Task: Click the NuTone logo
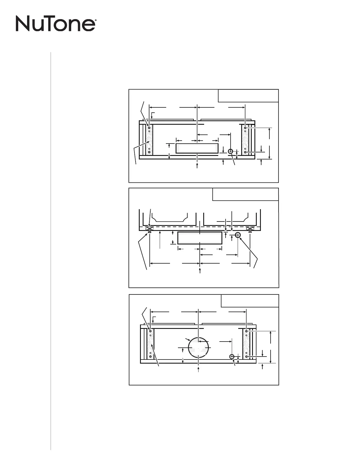point(55,24)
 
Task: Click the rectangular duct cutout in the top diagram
point(197,148)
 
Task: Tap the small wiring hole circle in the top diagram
point(231,151)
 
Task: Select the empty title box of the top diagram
point(248,96)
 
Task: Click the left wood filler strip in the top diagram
point(149,140)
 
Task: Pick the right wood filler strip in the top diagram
point(245,140)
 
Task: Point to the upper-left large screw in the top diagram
point(149,128)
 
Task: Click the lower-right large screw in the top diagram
point(245,152)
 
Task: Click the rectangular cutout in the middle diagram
point(200,238)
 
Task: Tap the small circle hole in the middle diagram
point(238,235)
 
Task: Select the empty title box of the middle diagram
point(245,194)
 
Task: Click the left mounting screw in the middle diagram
point(150,230)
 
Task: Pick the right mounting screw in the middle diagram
point(250,230)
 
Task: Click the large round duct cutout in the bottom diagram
point(199,347)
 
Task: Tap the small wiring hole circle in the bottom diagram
point(232,357)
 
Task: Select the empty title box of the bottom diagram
point(250,301)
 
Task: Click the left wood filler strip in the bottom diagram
point(151,344)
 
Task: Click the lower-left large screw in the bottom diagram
point(150,357)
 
